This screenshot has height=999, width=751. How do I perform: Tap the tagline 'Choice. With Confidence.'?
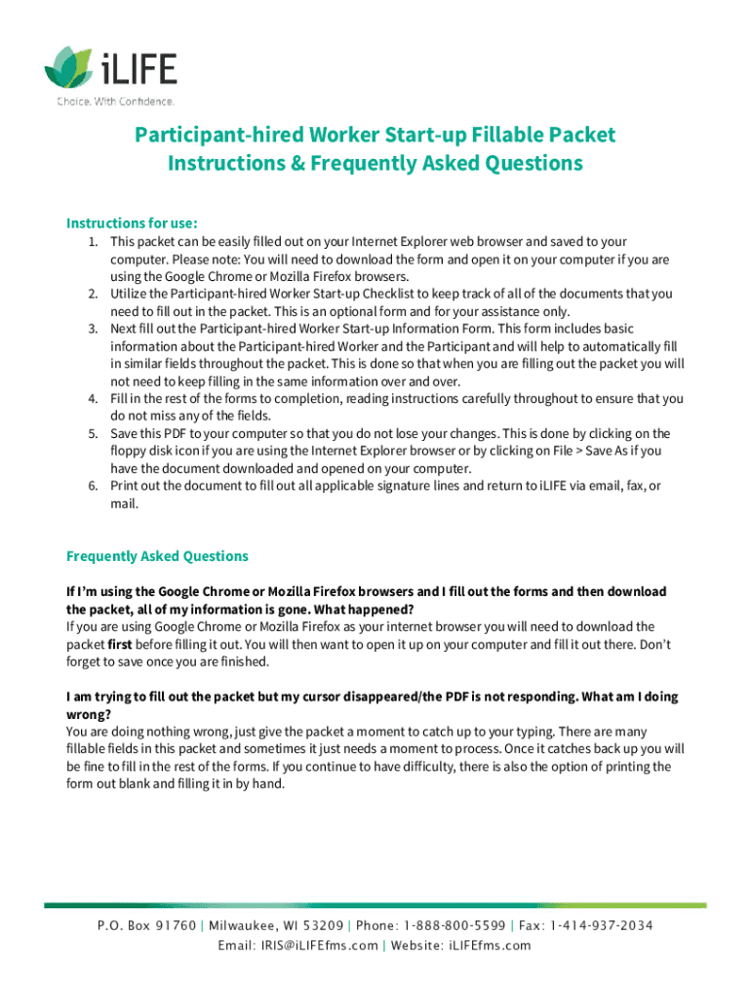click(x=115, y=101)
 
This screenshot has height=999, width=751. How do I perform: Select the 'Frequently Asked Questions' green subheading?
click(x=157, y=556)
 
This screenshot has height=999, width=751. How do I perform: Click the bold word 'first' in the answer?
click(x=120, y=645)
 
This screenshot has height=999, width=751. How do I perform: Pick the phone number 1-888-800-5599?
click(x=454, y=926)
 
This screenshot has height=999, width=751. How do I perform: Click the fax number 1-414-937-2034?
click(x=602, y=926)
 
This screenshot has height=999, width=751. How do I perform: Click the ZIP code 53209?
click(x=320, y=926)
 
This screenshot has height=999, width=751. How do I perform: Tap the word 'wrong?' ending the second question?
click(x=88, y=714)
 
